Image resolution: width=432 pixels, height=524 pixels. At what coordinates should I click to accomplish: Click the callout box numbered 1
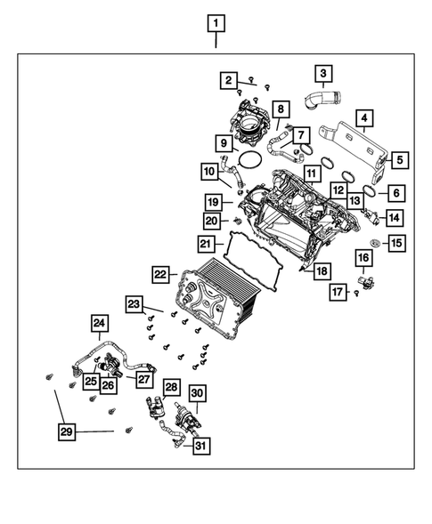[216, 23]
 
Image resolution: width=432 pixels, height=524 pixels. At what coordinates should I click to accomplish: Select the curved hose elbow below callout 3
[322, 100]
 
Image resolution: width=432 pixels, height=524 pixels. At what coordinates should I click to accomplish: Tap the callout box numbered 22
[160, 274]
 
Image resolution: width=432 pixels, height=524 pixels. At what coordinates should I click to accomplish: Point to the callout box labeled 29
[66, 431]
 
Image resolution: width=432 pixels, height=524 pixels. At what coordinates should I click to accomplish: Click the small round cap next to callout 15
[374, 242]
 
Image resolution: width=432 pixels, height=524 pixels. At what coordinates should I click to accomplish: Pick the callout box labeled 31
[201, 446]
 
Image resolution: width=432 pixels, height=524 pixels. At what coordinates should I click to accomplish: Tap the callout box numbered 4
[364, 118]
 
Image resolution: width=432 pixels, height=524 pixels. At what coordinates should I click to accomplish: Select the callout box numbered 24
[100, 323]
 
